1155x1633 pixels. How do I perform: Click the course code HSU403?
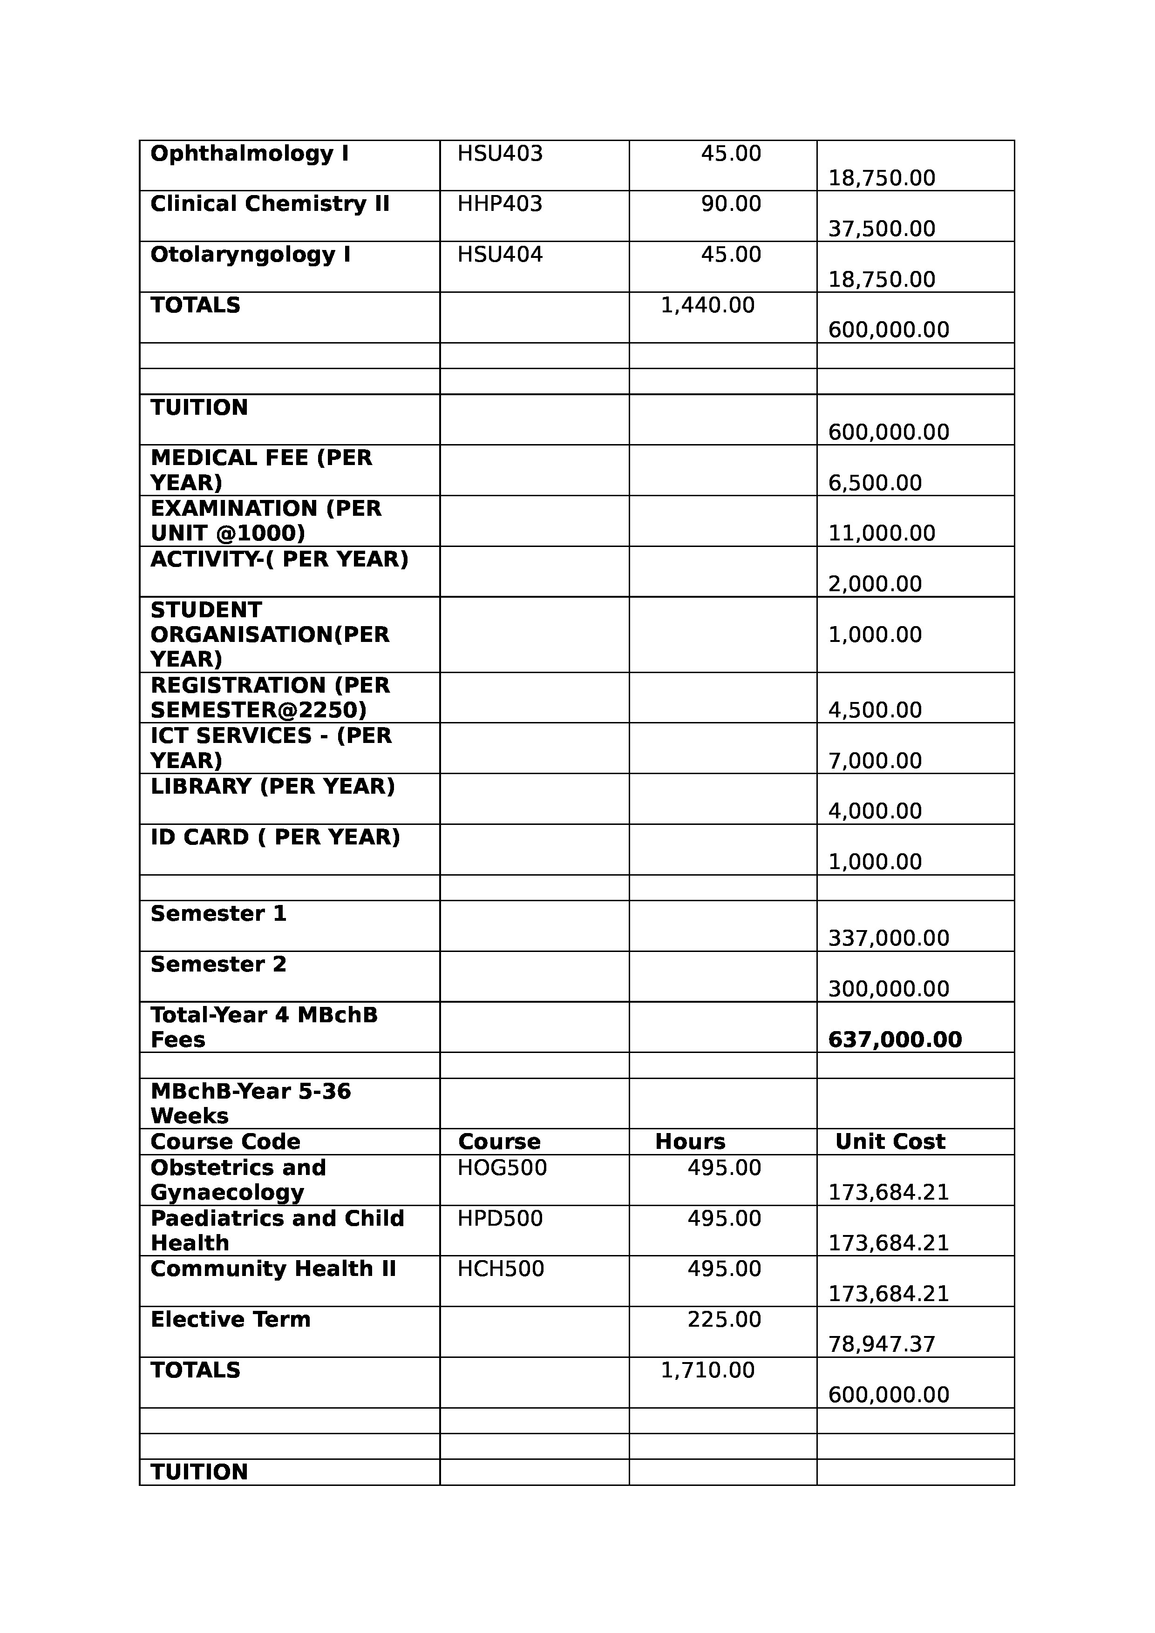[x=500, y=154]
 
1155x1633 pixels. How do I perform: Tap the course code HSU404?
[x=500, y=255]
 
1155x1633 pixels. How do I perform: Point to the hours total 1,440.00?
[x=707, y=306]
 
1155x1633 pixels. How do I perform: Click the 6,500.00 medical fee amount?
[x=875, y=483]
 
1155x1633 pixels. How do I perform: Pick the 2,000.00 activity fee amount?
[x=875, y=584]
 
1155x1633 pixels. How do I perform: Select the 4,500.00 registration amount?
[x=875, y=710]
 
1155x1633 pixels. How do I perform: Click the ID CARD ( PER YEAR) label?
[x=275, y=837]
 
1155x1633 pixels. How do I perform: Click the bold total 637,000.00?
[x=895, y=1040]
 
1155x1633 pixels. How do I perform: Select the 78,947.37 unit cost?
[x=881, y=1344]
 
